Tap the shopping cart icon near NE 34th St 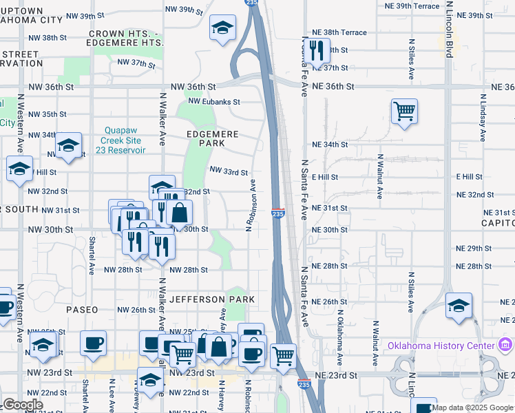[404, 110]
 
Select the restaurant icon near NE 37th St [316, 50]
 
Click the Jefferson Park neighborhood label [212, 299]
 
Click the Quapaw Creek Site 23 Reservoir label [125, 140]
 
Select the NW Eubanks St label [213, 102]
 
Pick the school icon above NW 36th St [222, 28]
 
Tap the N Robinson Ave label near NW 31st [252, 204]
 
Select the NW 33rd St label [228, 171]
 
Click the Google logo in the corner [23, 405]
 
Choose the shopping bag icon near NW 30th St [179, 213]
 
